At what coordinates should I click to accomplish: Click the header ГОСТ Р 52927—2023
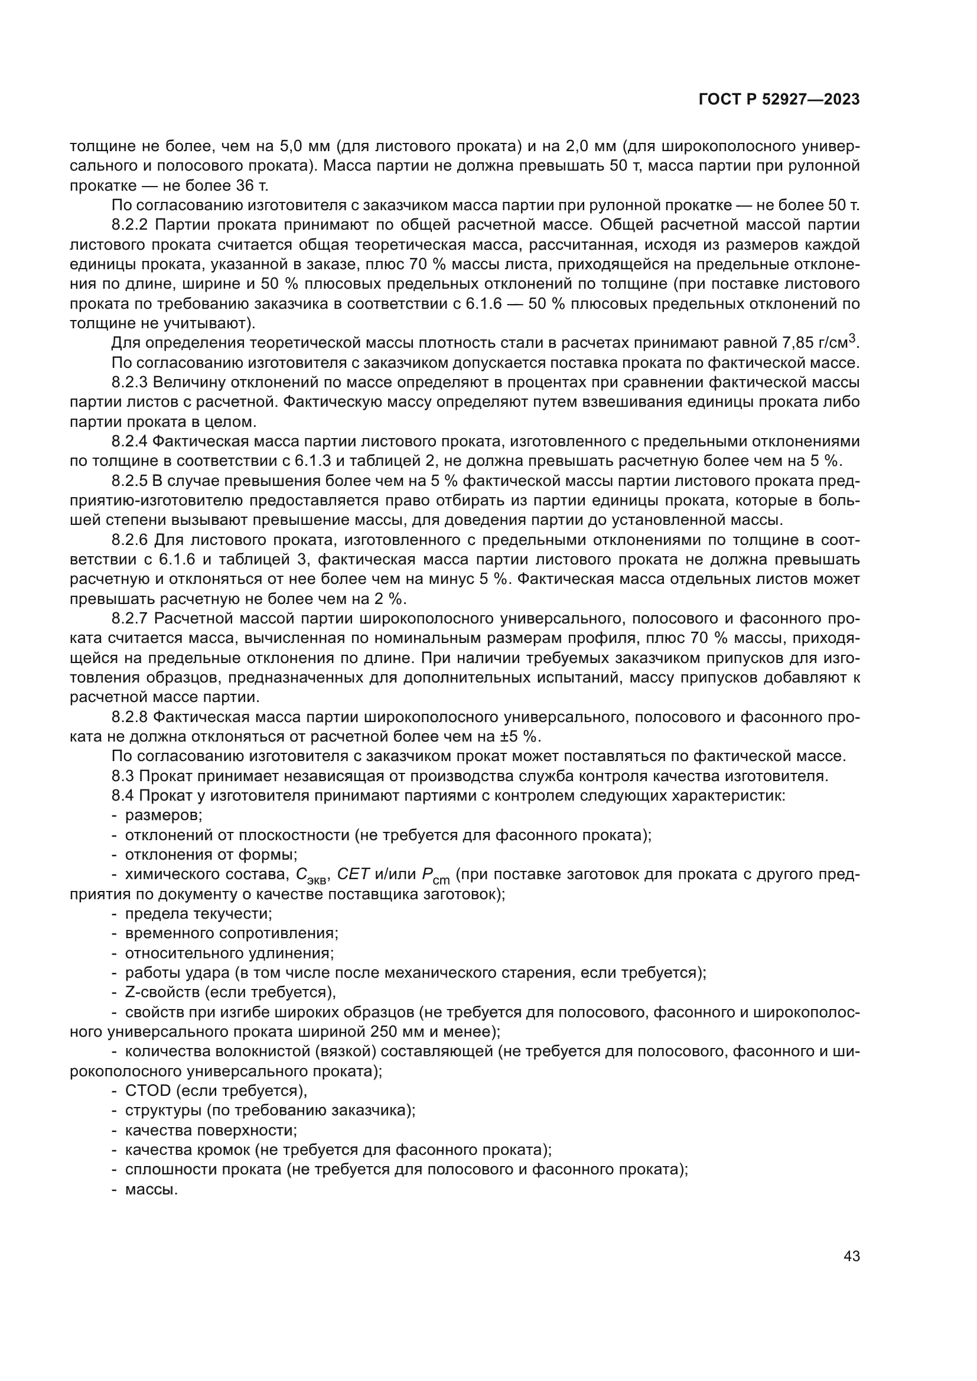click(x=779, y=100)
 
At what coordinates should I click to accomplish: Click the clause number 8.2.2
click(x=129, y=225)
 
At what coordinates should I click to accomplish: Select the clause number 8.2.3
click(x=129, y=383)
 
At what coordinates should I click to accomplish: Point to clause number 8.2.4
click(x=129, y=442)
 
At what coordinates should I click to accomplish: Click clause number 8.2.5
click(x=129, y=481)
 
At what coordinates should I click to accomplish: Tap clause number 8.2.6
click(x=129, y=540)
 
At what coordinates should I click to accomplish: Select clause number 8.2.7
click(x=129, y=618)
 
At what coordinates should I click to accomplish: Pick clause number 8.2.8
click(x=129, y=717)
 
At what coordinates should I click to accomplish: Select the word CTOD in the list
click(x=148, y=1091)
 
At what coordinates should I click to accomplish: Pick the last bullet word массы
click(x=151, y=1190)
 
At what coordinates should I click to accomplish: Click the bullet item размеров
click(x=163, y=815)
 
